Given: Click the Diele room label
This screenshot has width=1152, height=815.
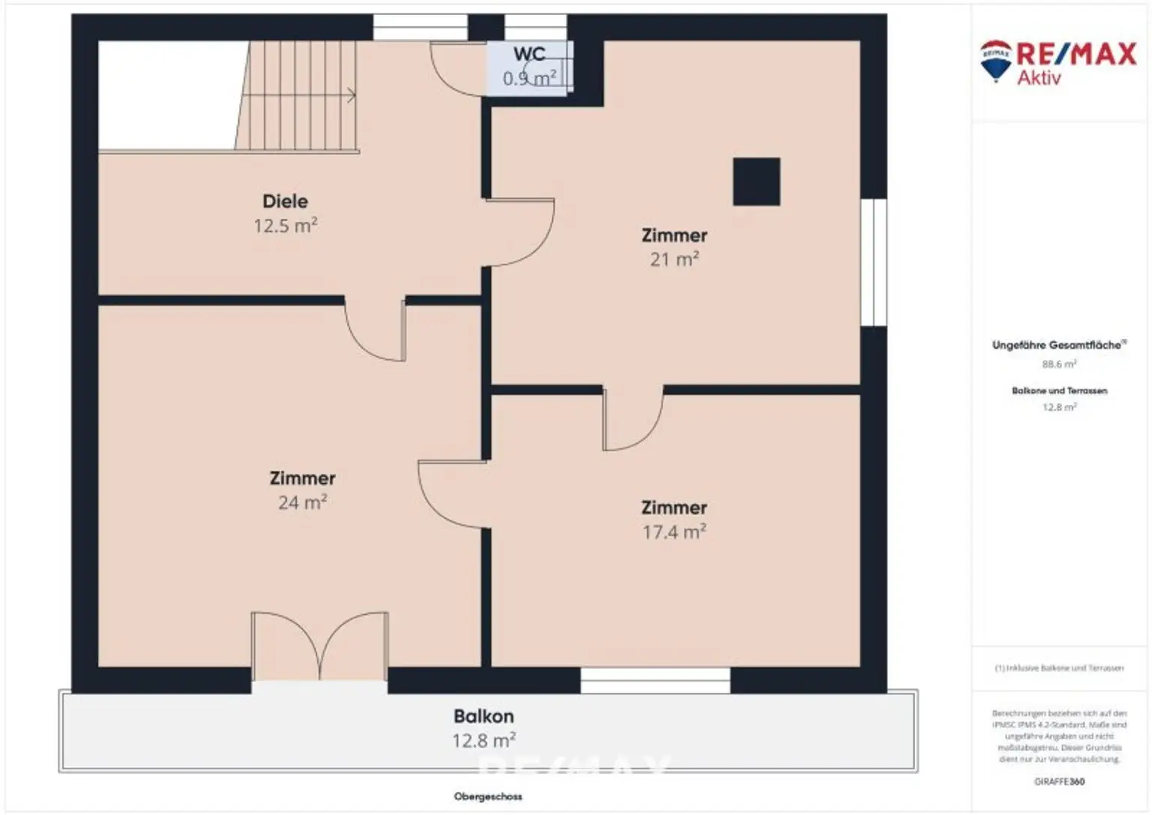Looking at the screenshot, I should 285,201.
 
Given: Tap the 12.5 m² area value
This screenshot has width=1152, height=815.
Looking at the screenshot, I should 285,226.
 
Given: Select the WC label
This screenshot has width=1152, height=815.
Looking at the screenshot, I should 529,54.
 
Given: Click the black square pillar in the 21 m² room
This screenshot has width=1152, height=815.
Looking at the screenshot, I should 756,181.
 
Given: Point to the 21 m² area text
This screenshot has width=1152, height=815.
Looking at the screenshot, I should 674,259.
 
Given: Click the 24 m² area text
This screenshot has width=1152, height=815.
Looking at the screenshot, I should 302,502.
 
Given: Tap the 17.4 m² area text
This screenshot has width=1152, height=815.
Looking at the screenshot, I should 674,532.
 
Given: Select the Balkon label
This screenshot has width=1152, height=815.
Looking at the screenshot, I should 484,716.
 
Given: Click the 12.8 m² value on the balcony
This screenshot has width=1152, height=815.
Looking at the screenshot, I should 484,741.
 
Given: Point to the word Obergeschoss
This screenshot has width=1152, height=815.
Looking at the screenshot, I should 487,796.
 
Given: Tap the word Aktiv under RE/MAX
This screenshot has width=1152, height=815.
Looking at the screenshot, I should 1039,78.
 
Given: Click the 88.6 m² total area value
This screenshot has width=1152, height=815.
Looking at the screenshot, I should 1059,364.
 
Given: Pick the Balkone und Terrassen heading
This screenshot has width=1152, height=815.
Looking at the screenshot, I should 1059,391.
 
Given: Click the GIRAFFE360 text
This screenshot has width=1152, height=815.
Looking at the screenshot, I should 1059,781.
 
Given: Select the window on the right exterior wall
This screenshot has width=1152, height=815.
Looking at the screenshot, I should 873,262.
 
